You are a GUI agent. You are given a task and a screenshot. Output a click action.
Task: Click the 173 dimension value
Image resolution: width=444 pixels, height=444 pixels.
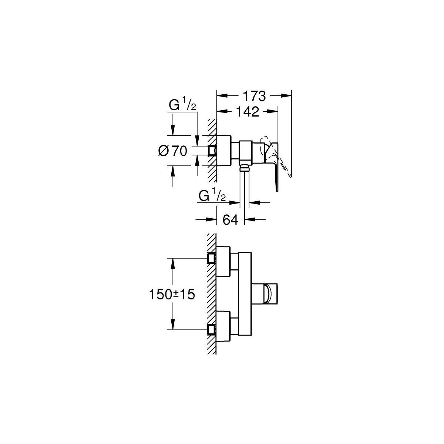pos(254,96)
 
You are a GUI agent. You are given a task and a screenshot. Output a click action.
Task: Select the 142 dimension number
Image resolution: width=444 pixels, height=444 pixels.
pos(248,112)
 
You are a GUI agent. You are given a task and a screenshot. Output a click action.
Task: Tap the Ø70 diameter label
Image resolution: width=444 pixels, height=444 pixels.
pos(173,151)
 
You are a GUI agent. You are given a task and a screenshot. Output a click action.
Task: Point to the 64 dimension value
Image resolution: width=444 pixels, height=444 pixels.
pos(231,220)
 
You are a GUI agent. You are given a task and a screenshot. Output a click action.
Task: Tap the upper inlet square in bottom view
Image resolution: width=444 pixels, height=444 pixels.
pos(212,258)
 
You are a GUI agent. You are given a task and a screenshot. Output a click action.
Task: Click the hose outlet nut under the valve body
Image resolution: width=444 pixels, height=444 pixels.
pos(245,167)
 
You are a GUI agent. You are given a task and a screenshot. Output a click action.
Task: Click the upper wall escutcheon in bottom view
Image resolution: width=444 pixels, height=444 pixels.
pos(223,261)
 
